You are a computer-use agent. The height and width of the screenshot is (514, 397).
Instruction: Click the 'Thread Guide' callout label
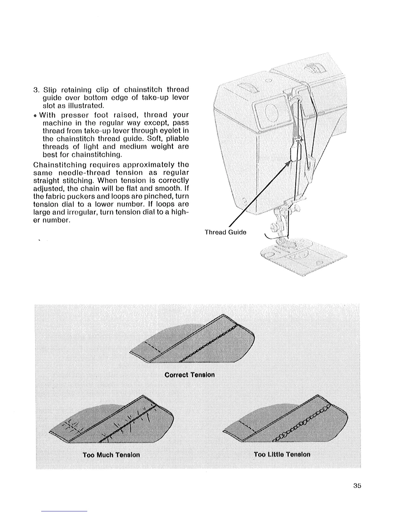click(x=225, y=232)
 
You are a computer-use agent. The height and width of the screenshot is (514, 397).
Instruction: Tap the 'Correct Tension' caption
click(x=189, y=375)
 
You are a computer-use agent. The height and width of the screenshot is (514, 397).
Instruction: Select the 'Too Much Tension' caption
click(x=111, y=455)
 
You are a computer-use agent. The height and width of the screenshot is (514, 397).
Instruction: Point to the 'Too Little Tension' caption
click(x=282, y=454)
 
